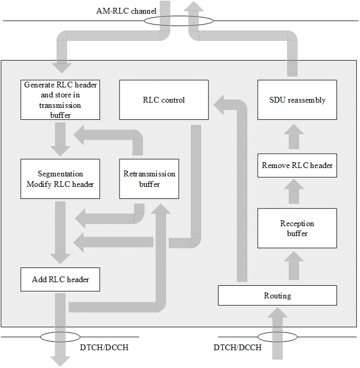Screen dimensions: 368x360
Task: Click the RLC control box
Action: (x=163, y=99)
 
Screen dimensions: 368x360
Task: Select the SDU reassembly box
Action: (x=297, y=99)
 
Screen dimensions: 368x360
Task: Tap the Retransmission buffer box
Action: (x=149, y=179)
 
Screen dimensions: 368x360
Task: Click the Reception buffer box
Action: (x=297, y=228)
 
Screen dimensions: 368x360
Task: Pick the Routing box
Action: (x=277, y=296)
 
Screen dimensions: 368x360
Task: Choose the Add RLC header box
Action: (x=60, y=280)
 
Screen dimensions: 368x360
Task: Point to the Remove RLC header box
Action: (x=297, y=165)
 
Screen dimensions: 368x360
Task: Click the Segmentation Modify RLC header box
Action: (x=60, y=179)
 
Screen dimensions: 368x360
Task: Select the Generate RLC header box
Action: (x=60, y=99)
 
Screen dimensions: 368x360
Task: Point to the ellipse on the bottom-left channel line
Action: (x=59, y=337)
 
